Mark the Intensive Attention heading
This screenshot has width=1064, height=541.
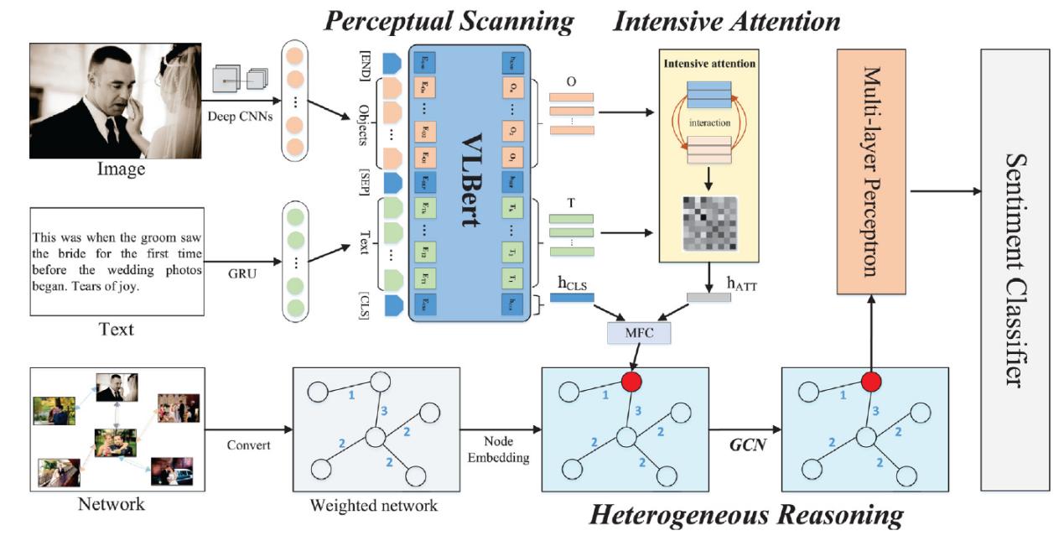click(x=725, y=21)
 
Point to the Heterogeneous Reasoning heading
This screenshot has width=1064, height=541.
click(x=746, y=515)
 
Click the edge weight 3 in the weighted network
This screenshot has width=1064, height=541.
click(x=383, y=411)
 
